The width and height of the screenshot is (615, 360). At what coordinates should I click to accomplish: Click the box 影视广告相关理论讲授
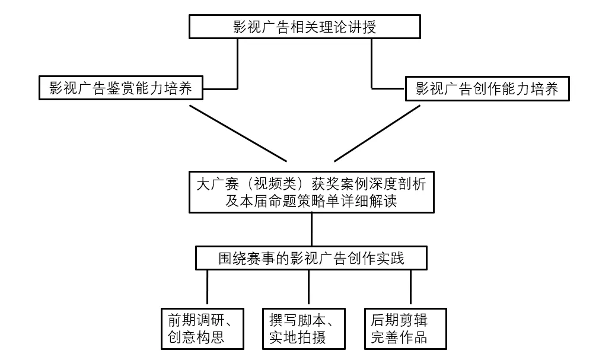(x=305, y=27)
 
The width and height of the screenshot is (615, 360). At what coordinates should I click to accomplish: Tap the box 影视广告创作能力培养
(x=487, y=89)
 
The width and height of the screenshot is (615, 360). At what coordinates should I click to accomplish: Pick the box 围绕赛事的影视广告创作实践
(x=311, y=259)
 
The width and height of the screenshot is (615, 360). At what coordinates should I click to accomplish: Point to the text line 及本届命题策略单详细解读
(x=311, y=200)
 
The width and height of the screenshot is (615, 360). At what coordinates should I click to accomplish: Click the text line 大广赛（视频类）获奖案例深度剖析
(x=311, y=183)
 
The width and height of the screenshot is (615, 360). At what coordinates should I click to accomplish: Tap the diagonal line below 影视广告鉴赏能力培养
(x=238, y=133)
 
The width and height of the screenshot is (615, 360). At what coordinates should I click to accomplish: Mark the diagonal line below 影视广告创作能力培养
(x=378, y=133)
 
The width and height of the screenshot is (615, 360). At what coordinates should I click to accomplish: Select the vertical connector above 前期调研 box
(x=208, y=288)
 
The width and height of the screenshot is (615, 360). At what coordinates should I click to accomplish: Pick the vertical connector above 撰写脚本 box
(x=309, y=288)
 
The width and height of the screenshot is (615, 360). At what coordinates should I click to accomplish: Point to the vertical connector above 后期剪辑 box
(x=410, y=288)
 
